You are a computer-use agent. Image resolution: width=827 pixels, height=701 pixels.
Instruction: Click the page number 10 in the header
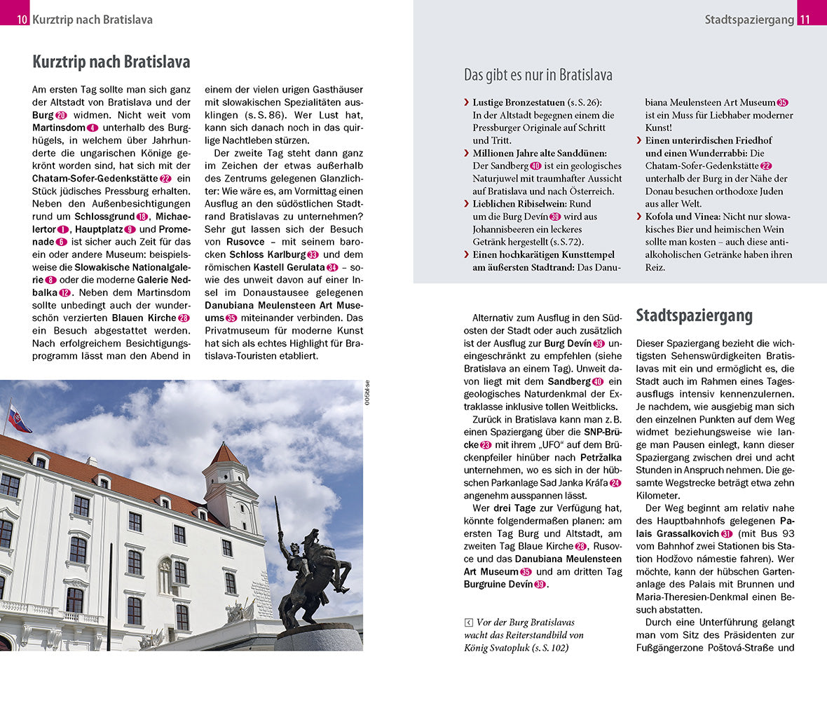(22, 20)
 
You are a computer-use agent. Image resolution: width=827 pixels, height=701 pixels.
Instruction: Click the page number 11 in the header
(804, 20)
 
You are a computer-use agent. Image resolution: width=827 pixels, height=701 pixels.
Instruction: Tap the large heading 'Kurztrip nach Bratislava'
(111, 62)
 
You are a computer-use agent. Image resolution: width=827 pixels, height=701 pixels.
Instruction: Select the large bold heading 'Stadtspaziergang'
(694, 315)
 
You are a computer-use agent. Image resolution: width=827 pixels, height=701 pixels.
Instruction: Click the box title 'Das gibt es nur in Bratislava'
(538, 75)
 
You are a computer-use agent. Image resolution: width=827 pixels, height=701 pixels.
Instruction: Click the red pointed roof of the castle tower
(225, 454)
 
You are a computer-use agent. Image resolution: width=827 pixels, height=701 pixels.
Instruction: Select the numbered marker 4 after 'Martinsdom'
(93, 128)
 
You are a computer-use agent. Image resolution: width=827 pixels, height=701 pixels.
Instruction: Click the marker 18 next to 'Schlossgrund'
(142, 217)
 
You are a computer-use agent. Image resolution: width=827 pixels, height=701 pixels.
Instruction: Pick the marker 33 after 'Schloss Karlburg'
(313, 254)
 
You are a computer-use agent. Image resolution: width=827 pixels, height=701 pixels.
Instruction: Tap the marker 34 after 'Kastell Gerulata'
(332, 267)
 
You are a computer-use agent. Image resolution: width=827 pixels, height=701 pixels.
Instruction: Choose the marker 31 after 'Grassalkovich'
(727, 533)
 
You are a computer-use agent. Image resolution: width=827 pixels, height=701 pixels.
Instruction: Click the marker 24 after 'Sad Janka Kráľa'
(615, 483)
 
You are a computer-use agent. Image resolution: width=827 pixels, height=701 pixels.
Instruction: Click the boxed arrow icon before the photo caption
(468, 622)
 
